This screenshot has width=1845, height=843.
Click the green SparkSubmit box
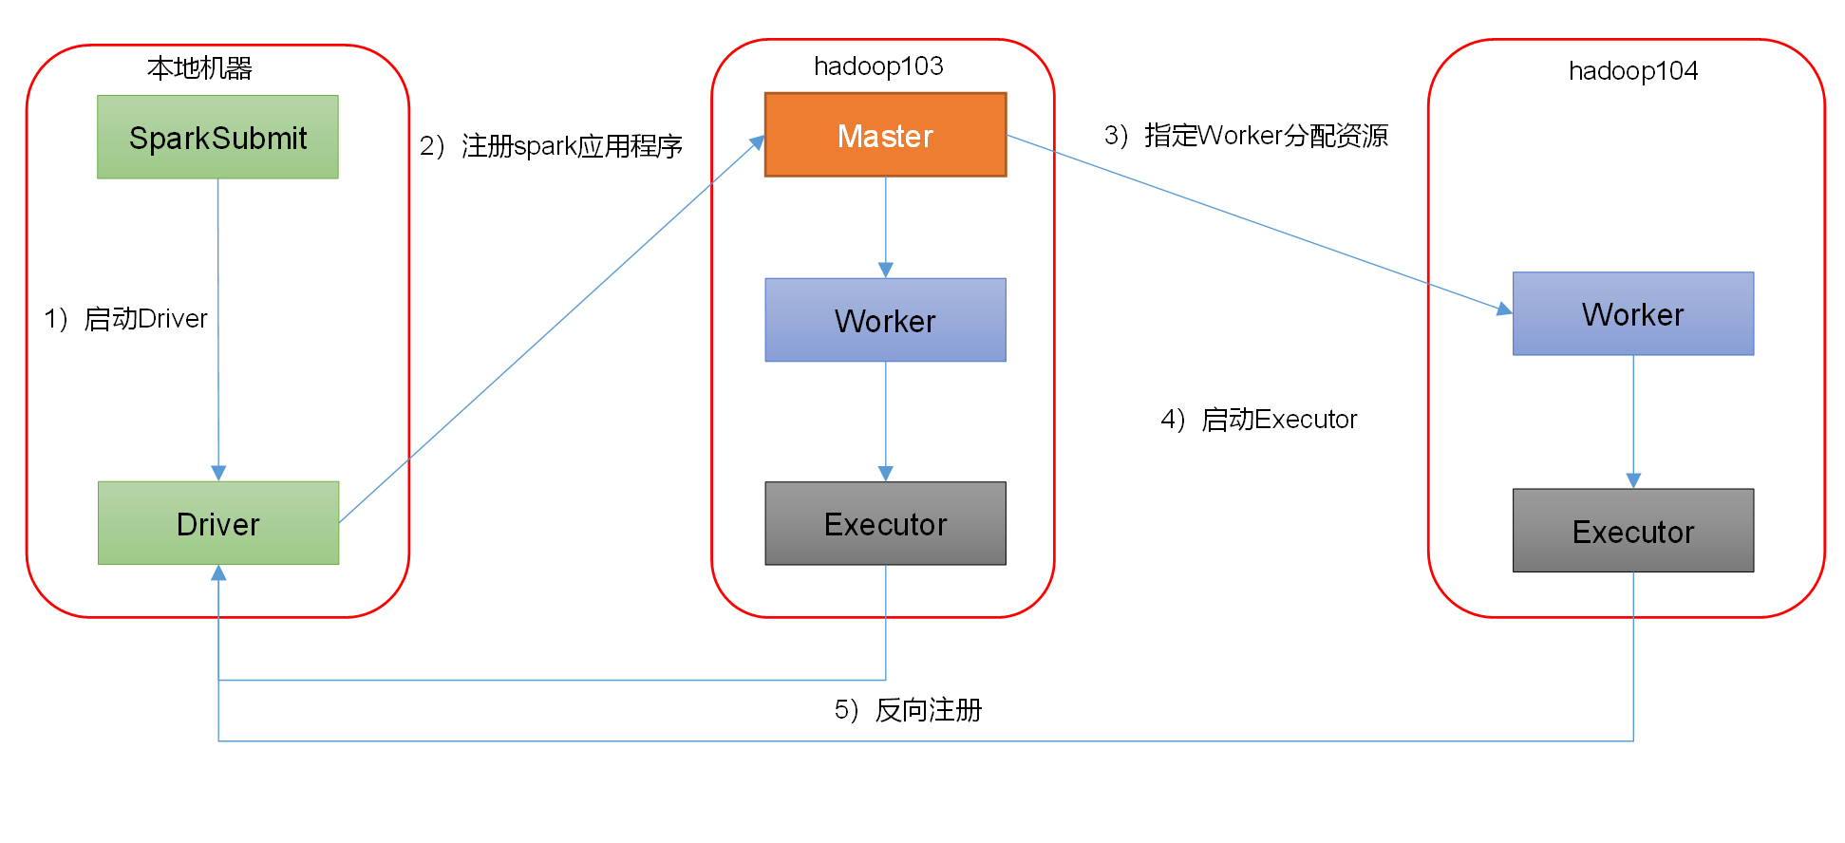217,137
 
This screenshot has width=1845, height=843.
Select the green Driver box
217,523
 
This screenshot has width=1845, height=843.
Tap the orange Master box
885,135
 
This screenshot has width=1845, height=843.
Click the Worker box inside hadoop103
885,320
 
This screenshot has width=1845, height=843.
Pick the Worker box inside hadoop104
1632,314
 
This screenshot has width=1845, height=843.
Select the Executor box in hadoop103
885,523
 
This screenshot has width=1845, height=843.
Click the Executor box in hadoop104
1632,531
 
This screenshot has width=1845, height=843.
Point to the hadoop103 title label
878,66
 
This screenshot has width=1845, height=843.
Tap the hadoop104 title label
1632,71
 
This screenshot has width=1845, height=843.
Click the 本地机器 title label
199,68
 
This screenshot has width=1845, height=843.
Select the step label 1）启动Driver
125,319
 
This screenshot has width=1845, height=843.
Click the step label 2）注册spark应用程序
551,146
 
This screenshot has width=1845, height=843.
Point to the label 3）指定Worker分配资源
1246,136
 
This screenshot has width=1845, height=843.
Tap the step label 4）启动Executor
1258,420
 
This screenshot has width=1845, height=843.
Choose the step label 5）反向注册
908,710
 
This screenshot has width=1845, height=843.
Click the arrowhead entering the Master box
758,142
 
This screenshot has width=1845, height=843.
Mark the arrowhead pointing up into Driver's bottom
218,572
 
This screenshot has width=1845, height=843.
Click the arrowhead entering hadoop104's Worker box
1504,309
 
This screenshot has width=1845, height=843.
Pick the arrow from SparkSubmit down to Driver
218,380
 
